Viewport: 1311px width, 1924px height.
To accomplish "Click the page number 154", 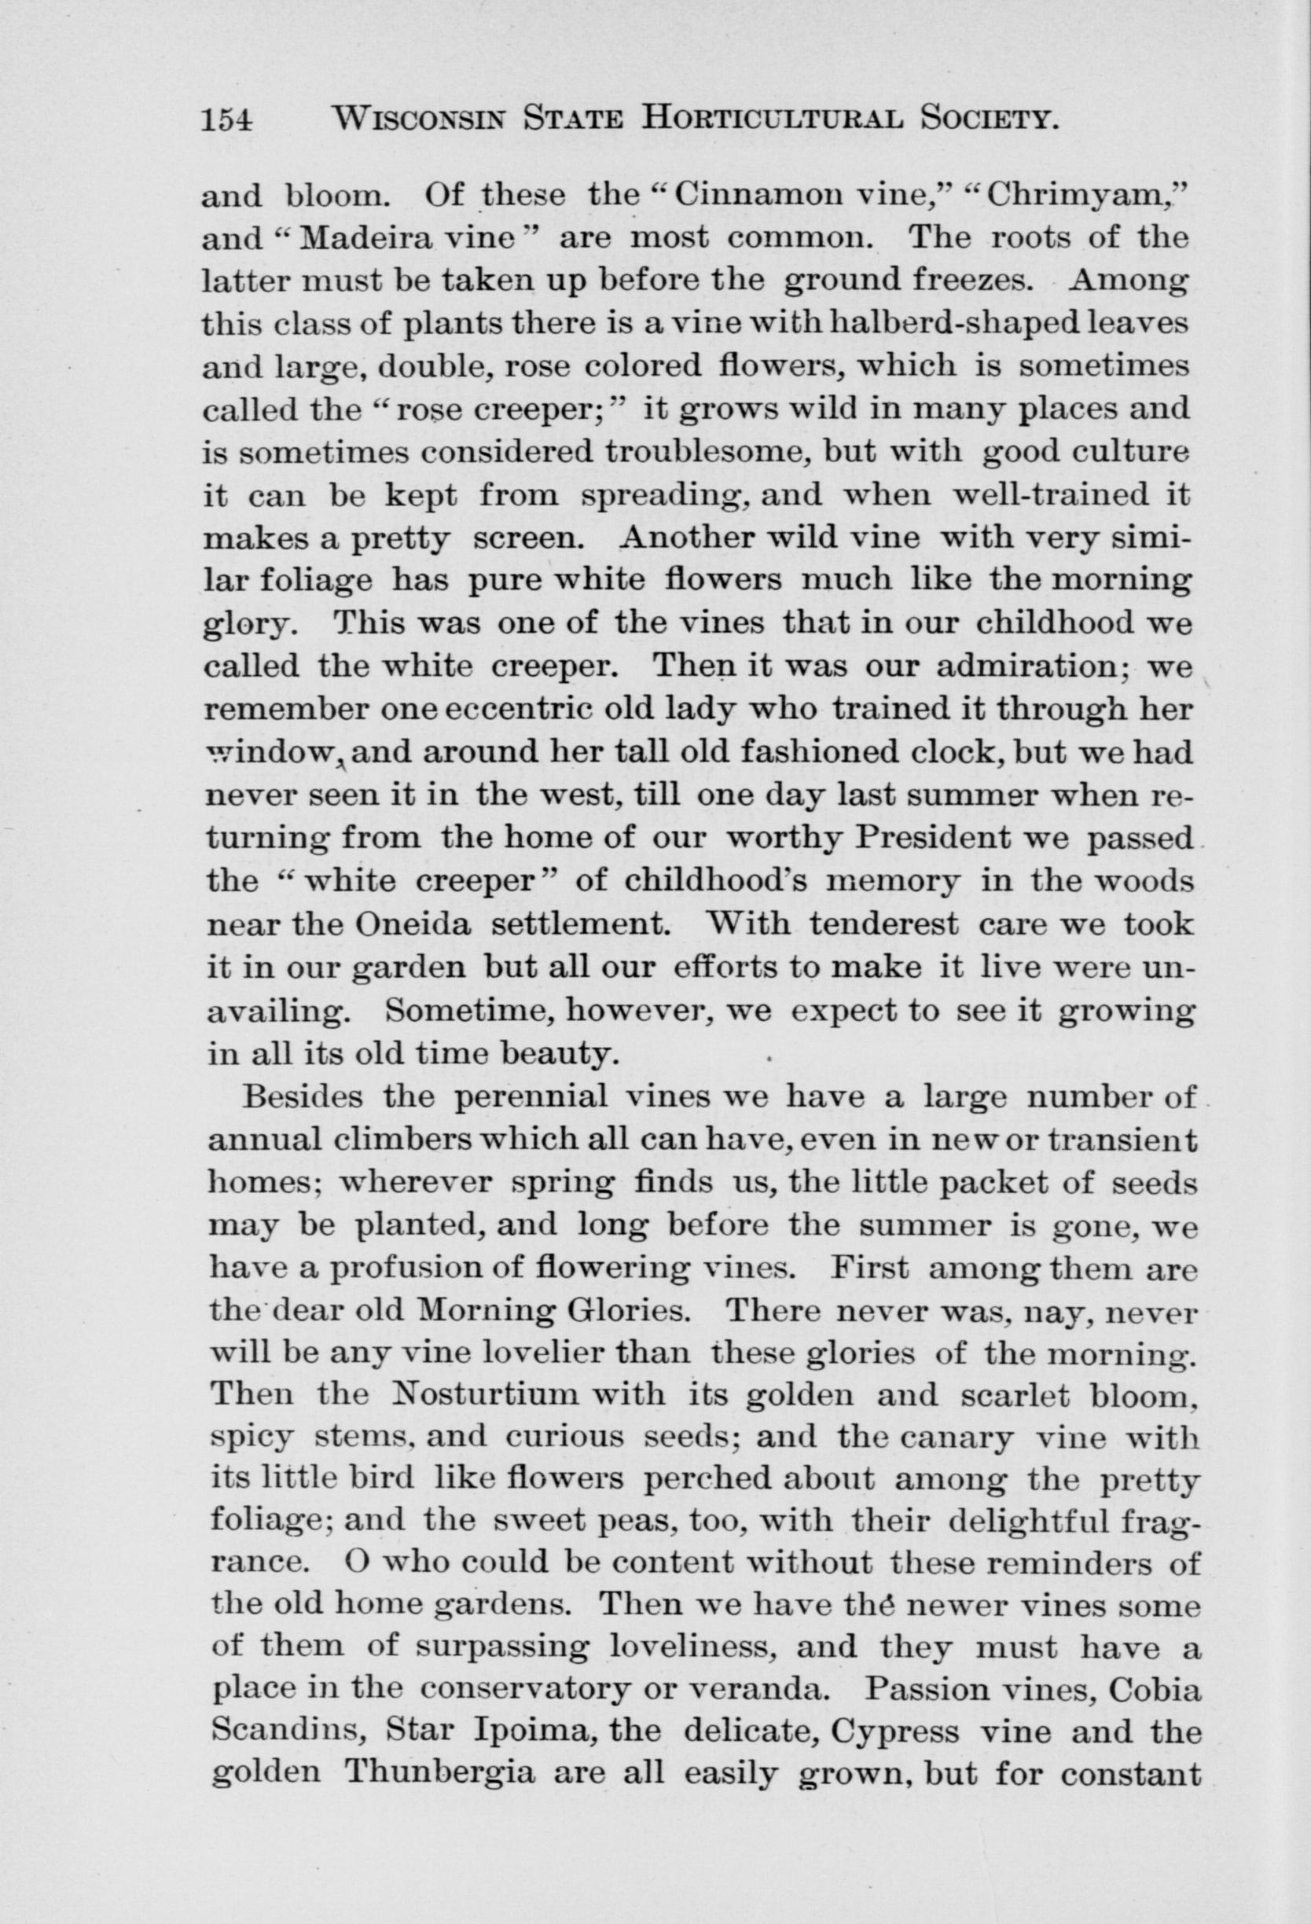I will point(226,122).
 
